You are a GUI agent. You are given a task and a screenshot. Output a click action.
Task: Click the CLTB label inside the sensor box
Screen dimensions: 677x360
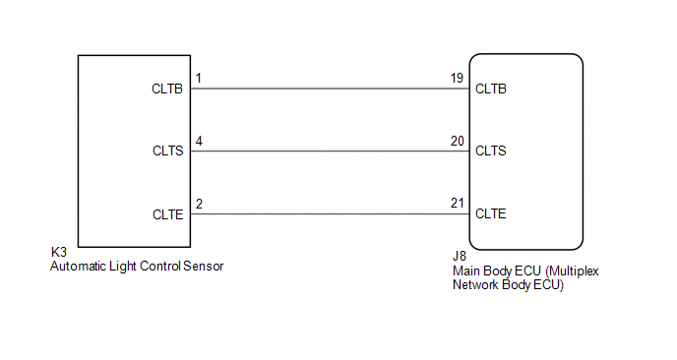[167, 89]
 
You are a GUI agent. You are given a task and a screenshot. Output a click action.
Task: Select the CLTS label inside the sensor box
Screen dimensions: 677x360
[168, 151]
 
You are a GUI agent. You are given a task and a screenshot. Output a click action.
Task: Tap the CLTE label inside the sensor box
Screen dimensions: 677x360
[168, 214]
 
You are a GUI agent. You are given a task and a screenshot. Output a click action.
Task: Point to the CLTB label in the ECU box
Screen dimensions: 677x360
[491, 89]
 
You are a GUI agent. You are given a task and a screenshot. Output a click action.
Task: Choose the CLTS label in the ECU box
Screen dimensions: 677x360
[490, 151]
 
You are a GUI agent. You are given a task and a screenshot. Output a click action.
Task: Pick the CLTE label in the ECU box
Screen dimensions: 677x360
[490, 213]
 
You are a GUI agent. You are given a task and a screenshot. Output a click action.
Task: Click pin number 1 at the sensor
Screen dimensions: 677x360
[199, 78]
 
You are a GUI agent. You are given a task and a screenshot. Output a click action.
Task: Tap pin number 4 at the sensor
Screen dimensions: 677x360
[199, 142]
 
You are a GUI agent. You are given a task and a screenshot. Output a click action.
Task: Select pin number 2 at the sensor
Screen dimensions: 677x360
[199, 204]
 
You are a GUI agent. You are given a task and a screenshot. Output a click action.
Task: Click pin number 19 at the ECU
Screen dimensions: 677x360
[457, 78]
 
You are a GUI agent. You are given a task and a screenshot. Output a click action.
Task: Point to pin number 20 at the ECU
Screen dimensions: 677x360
[458, 142]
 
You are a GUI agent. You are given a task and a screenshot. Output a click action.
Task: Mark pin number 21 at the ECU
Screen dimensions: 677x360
[458, 203]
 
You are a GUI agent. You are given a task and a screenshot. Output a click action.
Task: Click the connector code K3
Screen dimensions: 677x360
[59, 252]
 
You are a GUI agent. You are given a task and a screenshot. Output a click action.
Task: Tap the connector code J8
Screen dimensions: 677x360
[460, 256]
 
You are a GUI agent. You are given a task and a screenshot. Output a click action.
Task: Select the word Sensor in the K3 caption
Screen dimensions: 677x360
[204, 266]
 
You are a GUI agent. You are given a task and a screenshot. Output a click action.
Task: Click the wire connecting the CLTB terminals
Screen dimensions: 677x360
[330, 89]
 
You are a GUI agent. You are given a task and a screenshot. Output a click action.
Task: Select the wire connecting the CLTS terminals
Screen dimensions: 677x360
[330, 151]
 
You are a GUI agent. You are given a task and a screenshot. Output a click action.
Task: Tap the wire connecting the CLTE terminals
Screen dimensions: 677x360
[330, 214]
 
